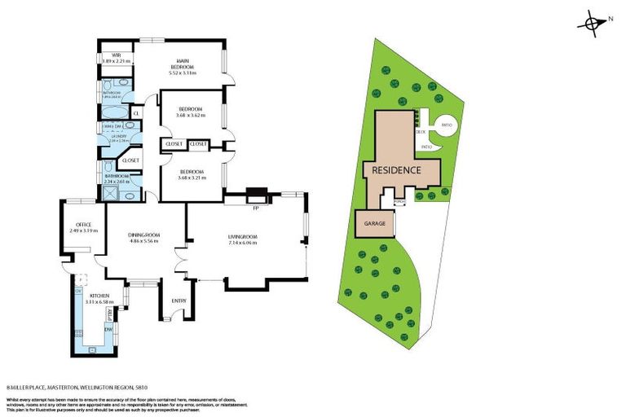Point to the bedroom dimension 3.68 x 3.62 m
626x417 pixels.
coord(192,116)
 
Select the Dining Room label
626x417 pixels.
coord(144,236)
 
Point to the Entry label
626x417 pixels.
coord(179,301)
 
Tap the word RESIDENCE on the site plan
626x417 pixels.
coord(396,171)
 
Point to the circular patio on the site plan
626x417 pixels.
coord(445,125)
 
